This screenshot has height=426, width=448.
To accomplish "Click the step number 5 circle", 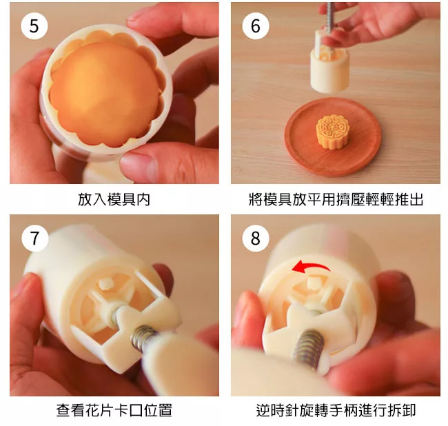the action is click(x=34, y=26).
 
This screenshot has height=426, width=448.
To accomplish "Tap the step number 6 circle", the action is click(x=256, y=26).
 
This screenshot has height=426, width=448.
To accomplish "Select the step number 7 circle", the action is click(x=34, y=238).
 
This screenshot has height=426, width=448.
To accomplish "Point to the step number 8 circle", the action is click(x=256, y=238).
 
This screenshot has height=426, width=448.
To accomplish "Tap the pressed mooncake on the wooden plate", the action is click(x=332, y=132).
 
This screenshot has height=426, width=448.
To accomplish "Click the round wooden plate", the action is click(x=333, y=136).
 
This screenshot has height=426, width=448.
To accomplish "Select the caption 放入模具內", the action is click(x=114, y=199).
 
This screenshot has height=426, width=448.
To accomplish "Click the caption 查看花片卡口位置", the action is click(x=114, y=411).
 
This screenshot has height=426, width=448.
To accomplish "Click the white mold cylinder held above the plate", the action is click(x=329, y=68).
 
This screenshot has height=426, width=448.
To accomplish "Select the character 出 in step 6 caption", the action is click(x=416, y=199).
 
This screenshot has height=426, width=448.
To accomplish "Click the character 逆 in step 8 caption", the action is click(x=263, y=411).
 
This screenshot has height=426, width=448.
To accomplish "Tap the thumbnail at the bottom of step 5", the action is click(x=137, y=163).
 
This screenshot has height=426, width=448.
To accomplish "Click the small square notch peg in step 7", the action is click(x=105, y=283).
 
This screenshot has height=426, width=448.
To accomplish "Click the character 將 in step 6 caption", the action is click(x=256, y=199).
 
